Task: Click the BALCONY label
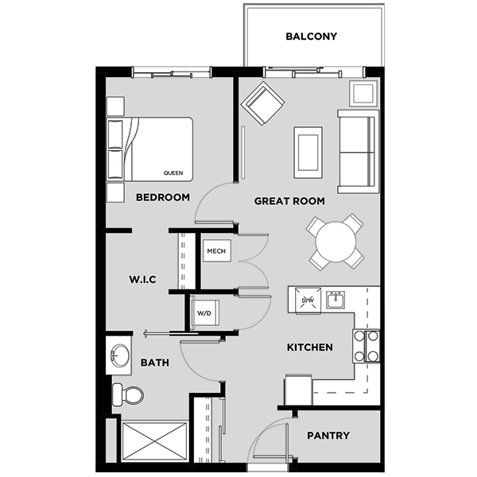click(312, 37)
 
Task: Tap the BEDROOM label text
click(162, 197)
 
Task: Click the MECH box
click(216, 252)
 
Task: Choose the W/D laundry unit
click(204, 313)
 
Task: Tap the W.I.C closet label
click(142, 280)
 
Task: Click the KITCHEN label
click(310, 347)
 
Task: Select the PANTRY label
click(328, 436)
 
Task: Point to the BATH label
click(154, 363)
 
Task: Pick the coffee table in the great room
click(308, 152)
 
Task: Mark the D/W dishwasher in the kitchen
click(308, 300)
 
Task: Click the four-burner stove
click(366, 346)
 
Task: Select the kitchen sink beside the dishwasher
click(335, 300)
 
